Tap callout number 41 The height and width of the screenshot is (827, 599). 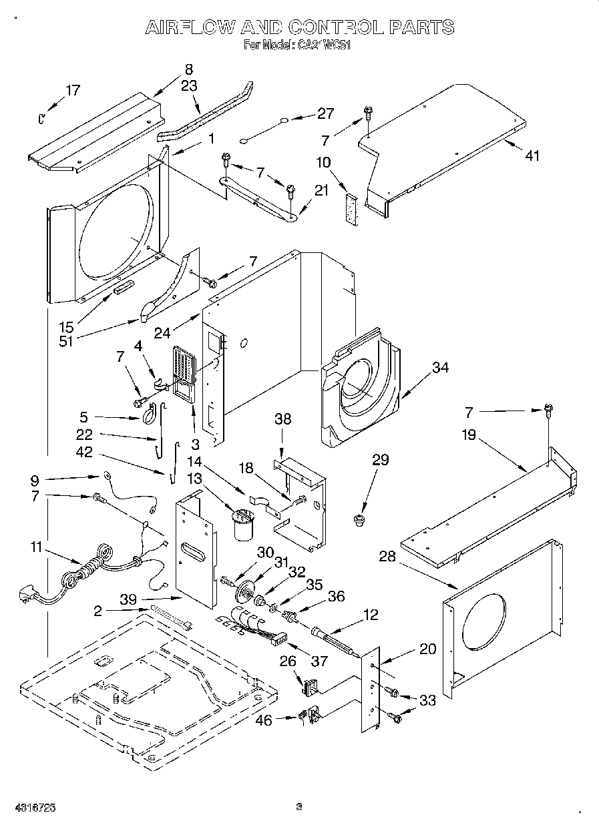tap(532, 156)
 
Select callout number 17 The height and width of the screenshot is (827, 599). tap(72, 91)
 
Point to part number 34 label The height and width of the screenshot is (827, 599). tap(439, 368)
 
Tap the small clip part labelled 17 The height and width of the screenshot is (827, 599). tap(41, 118)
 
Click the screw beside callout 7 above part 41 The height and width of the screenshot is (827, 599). tap(367, 112)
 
